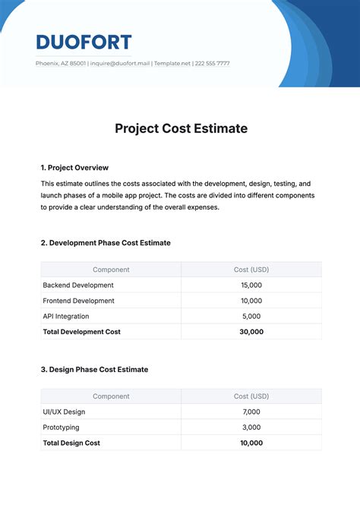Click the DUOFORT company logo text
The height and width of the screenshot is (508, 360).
point(84,42)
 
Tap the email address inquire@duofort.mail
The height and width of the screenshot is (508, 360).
point(120,64)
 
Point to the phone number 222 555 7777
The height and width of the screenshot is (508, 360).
point(213,64)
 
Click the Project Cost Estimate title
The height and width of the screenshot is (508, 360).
point(181,128)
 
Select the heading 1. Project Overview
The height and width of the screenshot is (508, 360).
point(74,167)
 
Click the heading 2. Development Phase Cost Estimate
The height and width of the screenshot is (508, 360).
point(106,243)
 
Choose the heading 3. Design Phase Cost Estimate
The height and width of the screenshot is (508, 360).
point(94,370)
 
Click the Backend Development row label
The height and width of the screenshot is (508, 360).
point(78,286)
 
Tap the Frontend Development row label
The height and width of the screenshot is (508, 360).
point(78,301)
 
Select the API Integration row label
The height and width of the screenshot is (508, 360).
point(66,316)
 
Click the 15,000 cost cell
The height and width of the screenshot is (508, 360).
point(251,286)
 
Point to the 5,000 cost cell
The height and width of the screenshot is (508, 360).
point(251,316)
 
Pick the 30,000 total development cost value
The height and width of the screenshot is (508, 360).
point(251,332)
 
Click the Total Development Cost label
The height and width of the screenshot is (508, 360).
point(82,332)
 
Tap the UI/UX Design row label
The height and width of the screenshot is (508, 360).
point(64,412)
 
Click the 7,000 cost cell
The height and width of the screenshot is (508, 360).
point(251,412)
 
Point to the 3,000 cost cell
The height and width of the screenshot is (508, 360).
point(251,428)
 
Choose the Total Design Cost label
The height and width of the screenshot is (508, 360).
point(71,443)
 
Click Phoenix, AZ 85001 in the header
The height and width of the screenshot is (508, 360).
point(60,64)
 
